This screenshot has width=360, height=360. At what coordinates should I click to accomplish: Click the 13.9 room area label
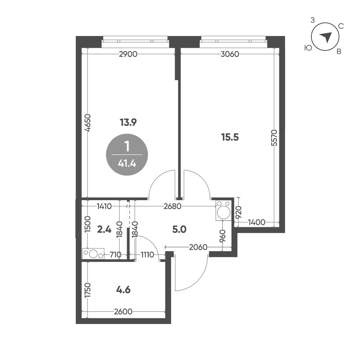tap(128, 122)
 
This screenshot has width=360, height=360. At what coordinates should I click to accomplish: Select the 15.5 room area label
tap(230, 137)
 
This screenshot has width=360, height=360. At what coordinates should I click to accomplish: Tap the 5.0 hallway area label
tap(179, 229)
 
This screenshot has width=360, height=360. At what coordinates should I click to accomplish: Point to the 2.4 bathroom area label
tap(104, 229)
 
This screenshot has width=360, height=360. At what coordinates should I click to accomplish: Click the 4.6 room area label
tap(123, 290)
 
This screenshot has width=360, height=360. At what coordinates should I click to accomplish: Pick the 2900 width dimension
tap(128, 54)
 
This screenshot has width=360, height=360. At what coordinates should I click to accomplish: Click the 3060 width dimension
tap(230, 54)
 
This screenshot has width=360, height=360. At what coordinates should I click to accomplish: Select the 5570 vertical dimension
tap(275, 138)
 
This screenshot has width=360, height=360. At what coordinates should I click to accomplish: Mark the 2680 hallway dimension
tap(172, 207)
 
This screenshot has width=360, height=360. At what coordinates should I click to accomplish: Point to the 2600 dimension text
tap(123, 311)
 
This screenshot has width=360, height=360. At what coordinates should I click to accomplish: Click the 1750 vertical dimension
tap(88, 291)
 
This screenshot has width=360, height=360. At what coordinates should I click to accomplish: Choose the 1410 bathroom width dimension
tap(104, 207)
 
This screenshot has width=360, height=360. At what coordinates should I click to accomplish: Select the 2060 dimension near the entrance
tap(198, 247)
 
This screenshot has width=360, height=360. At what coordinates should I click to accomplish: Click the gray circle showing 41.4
tap(127, 155)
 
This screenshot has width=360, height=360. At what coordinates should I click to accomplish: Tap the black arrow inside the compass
tap(326, 37)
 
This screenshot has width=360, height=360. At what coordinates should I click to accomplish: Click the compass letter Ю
tap(308, 48)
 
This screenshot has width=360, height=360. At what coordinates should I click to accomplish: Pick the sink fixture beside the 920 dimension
tap(224, 211)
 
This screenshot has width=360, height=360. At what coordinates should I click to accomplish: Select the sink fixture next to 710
tap(93, 254)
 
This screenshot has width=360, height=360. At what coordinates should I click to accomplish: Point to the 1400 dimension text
tap(257, 222)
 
